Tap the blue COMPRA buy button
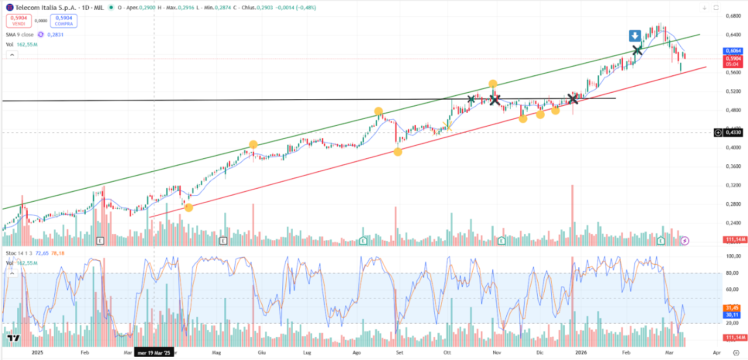[x=64, y=21]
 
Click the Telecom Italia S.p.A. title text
[x=38, y=8]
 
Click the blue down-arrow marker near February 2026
[x=635, y=36]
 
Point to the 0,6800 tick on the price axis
[x=732, y=16]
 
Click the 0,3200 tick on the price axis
[x=732, y=185]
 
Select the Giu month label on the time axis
[x=261, y=352]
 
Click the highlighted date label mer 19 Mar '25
[x=154, y=352]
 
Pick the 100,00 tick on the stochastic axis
[x=732, y=256]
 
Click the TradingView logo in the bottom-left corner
[x=14, y=339]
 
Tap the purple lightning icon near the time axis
[x=685, y=240]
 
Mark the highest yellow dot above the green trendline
[x=493, y=83]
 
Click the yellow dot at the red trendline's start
[x=189, y=207]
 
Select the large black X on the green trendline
[x=637, y=50]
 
